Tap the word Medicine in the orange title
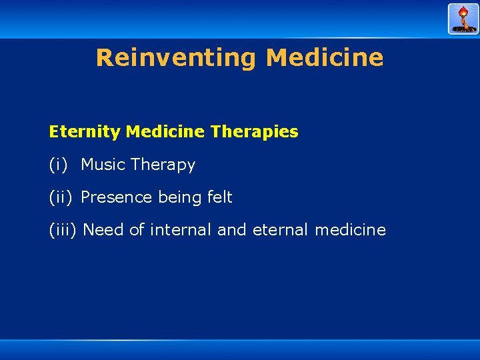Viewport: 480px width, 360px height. point(325,58)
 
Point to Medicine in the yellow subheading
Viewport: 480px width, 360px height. point(165,132)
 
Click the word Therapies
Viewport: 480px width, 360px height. point(254,132)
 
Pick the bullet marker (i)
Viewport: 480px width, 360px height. point(59,165)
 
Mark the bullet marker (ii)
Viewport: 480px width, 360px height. point(61,197)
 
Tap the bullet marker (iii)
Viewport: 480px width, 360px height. point(63,230)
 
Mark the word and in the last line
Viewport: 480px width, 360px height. point(232,230)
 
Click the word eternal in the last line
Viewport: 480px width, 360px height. point(280,230)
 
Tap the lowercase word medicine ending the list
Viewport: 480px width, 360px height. point(350,230)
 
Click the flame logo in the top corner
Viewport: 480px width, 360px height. point(463,19)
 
